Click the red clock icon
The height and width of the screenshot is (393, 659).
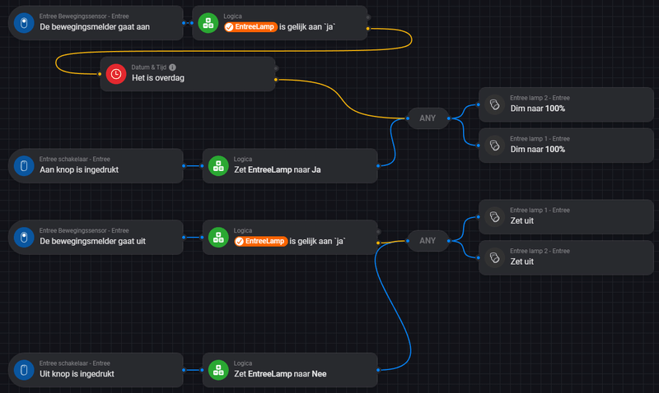click(x=116, y=74)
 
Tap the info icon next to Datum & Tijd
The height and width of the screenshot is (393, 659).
click(x=173, y=67)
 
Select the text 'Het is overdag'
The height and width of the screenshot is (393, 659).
click(x=160, y=78)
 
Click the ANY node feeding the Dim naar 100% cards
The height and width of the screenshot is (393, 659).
click(x=428, y=118)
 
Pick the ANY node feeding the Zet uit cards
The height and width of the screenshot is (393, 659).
click(x=428, y=241)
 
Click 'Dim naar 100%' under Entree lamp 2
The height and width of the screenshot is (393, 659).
click(x=538, y=109)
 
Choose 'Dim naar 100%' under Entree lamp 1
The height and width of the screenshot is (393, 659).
click(x=538, y=150)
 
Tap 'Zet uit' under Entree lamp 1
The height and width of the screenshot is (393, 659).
click(x=522, y=220)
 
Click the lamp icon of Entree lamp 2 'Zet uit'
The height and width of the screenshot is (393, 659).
click(x=494, y=257)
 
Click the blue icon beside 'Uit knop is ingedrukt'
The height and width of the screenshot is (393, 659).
click(x=24, y=370)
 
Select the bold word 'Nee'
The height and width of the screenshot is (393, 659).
click(x=320, y=374)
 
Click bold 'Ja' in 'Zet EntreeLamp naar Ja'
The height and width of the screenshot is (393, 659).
click(x=315, y=169)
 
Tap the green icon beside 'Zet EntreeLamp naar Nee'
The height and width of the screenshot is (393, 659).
click(x=218, y=370)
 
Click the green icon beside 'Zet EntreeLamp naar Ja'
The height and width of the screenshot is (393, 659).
click(x=218, y=165)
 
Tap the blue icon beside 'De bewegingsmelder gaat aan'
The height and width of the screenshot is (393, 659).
click(x=24, y=22)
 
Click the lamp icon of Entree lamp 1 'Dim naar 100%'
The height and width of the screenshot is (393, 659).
click(x=494, y=146)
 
